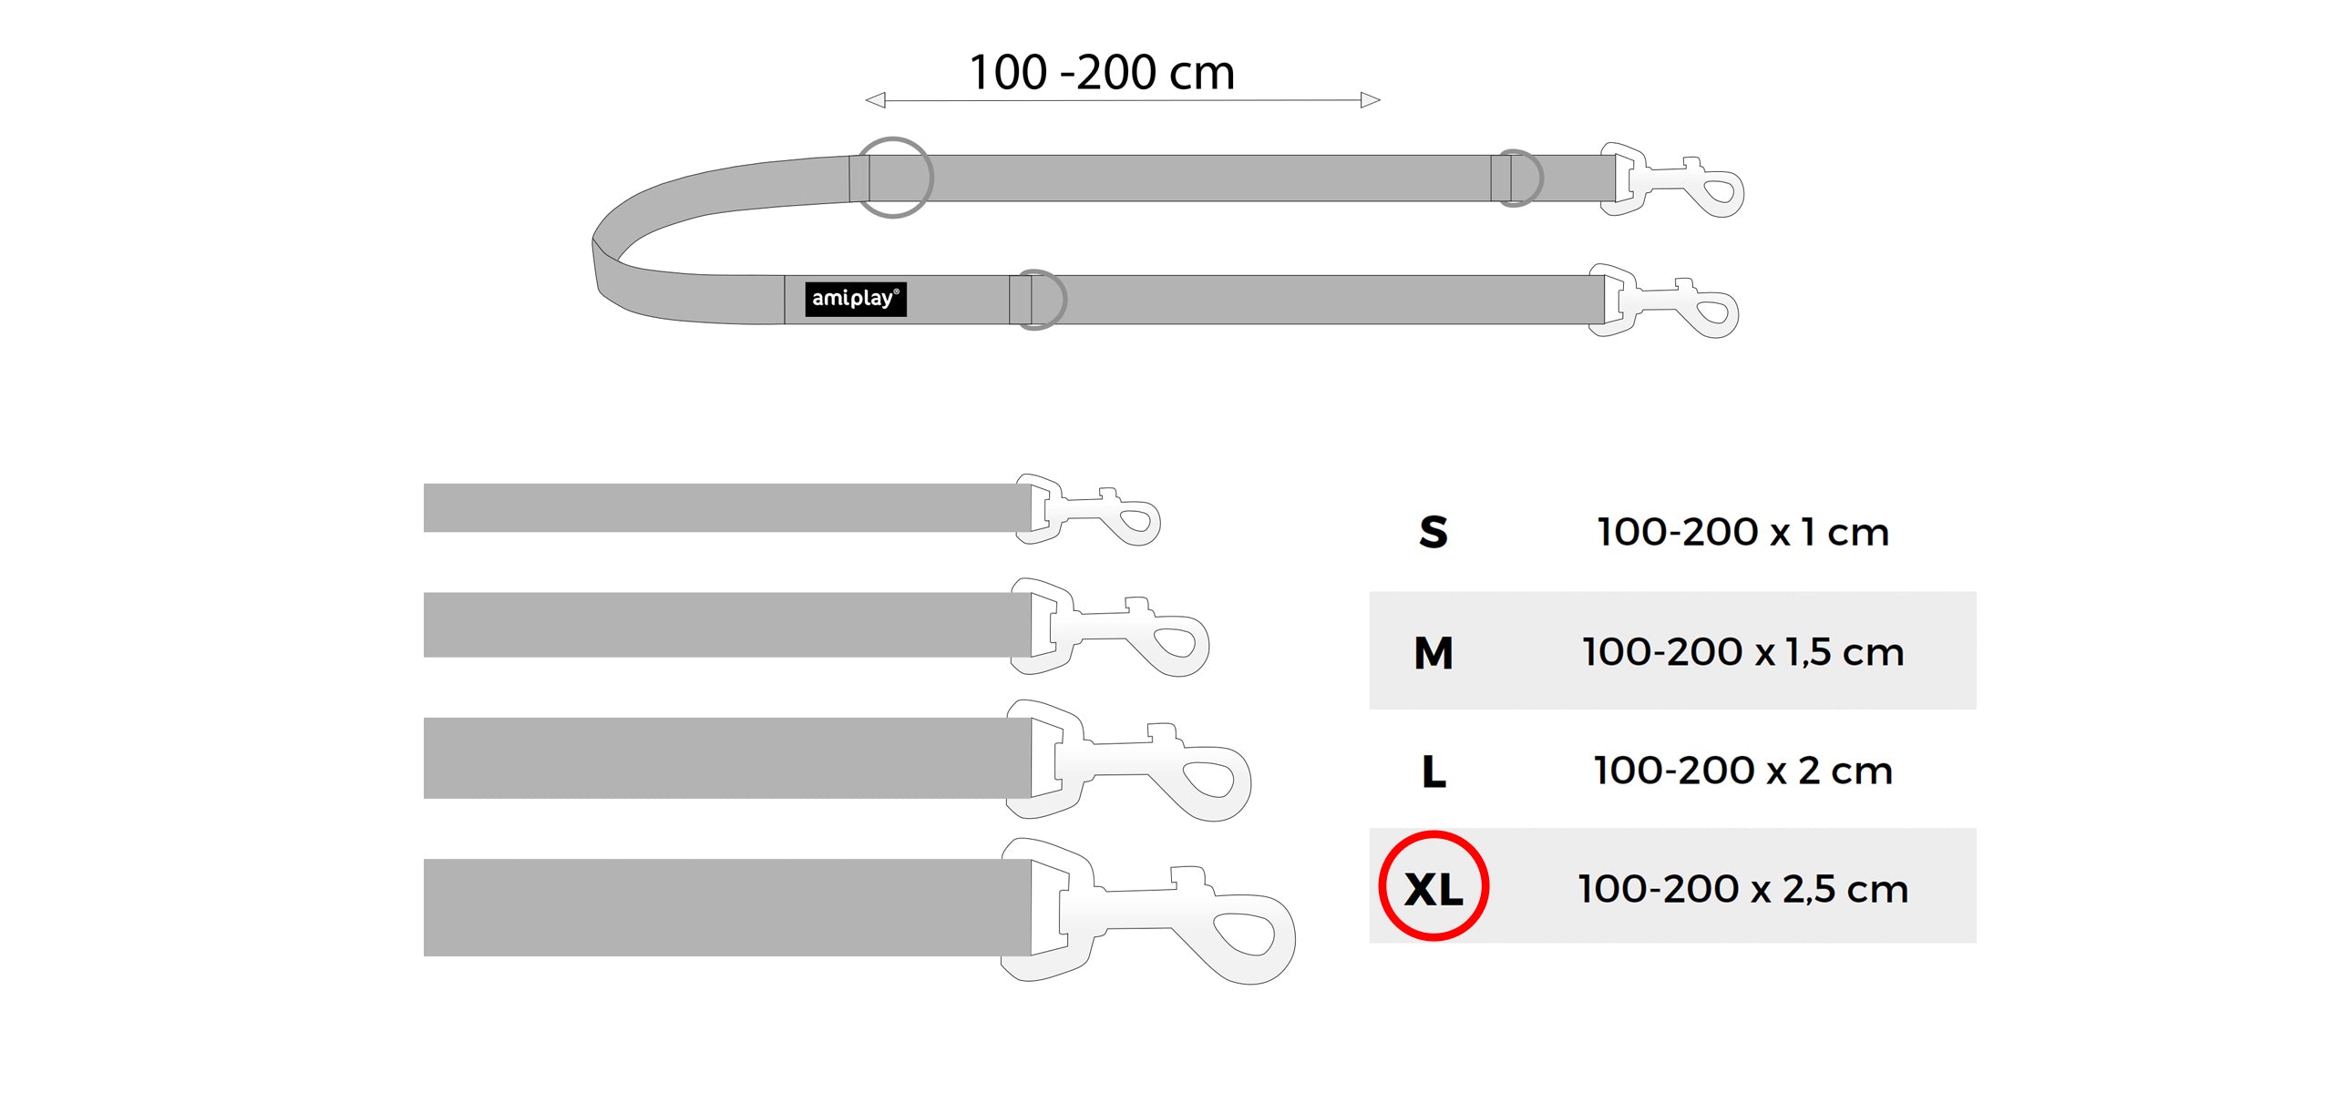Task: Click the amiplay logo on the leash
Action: pos(855,299)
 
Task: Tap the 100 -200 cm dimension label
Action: pos(1101,73)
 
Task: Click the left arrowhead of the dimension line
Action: pos(875,100)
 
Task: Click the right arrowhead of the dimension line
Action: pos(1371,100)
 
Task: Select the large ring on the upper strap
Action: pos(894,178)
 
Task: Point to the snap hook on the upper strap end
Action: pos(1672,179)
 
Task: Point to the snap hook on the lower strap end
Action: pos(1664,301)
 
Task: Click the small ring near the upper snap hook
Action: pos(1517,179)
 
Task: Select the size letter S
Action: pos(1433,532)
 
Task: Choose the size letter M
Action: pos(1433,652)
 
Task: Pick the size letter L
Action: pos(1434,771)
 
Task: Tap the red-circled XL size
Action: pos(1434,887)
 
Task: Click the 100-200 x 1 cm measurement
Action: pos(1742,532)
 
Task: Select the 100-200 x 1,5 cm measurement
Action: pos(1742,652)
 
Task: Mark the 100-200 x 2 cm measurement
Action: pos(1742,771)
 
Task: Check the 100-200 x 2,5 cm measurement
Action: pos(1742,889)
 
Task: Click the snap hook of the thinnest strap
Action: pos(1089,510)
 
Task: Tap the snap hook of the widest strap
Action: pos(1148,911)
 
